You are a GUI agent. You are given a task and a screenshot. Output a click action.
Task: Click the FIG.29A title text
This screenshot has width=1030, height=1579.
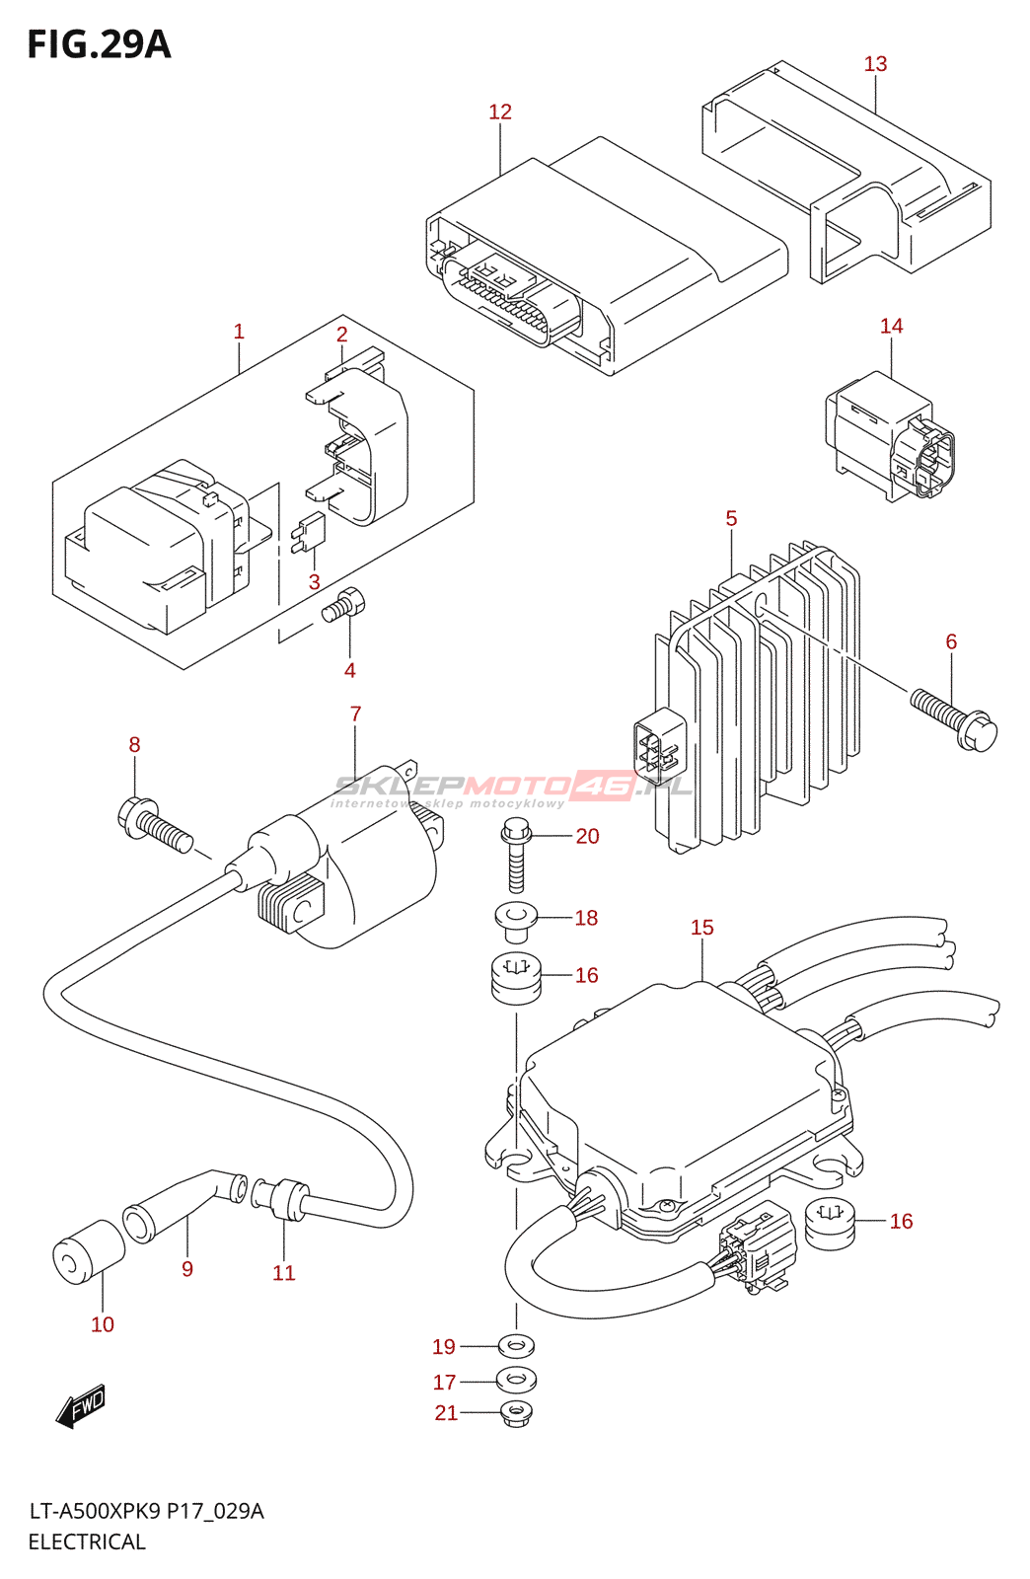pos(99,44)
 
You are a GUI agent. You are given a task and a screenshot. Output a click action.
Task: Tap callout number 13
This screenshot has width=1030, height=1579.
pos(875,64)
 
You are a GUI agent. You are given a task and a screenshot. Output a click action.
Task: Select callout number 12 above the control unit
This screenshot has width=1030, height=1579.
pos(499,112)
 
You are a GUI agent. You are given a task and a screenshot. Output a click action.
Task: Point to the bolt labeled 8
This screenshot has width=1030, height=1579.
pos(155,823)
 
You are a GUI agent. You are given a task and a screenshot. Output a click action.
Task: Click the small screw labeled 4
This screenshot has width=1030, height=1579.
pos(343,605)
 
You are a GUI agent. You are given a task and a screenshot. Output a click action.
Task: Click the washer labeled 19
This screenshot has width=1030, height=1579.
pos(516,1346)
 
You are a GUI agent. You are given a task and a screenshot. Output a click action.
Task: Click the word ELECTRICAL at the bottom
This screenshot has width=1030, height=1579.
pos(87,1541)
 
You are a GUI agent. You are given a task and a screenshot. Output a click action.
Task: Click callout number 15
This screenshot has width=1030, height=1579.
pos(701,928)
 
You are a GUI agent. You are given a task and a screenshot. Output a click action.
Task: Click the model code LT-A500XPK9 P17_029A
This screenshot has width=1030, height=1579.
pos(146,1511)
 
